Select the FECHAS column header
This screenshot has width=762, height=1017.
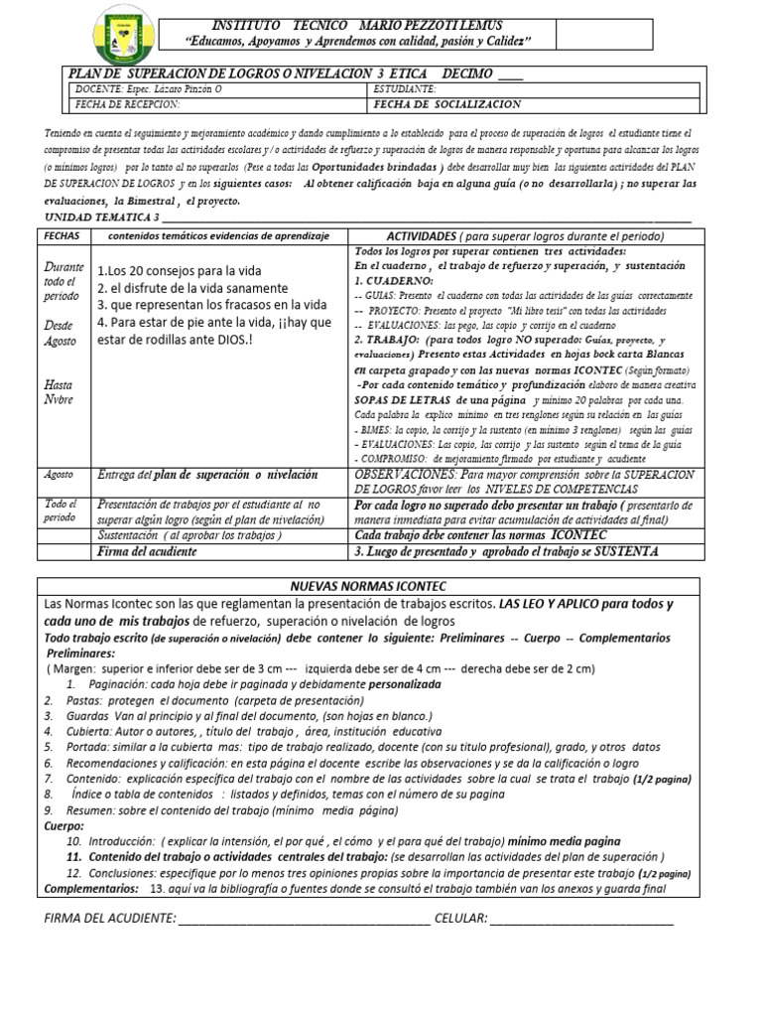[63, 235]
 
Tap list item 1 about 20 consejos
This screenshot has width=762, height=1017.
[180, 271]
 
